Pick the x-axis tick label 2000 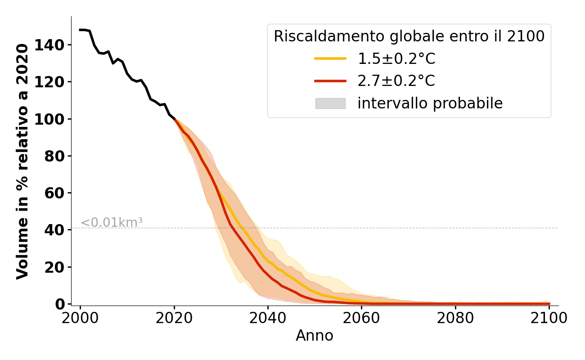(80, 318)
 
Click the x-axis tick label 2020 (174, 318)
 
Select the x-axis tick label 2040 (268, 318)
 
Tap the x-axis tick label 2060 (361, 318)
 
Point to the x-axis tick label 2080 (455, 318)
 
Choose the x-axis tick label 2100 (549, 318)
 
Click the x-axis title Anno (315, 336)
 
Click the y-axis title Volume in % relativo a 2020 (23, 161)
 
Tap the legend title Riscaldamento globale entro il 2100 (409, 36)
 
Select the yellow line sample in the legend (330, 58)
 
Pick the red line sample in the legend (330, 81)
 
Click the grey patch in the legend (330, 103)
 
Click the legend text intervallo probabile (430, 103)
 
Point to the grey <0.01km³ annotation (112, 223)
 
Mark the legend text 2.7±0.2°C (396, 81)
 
